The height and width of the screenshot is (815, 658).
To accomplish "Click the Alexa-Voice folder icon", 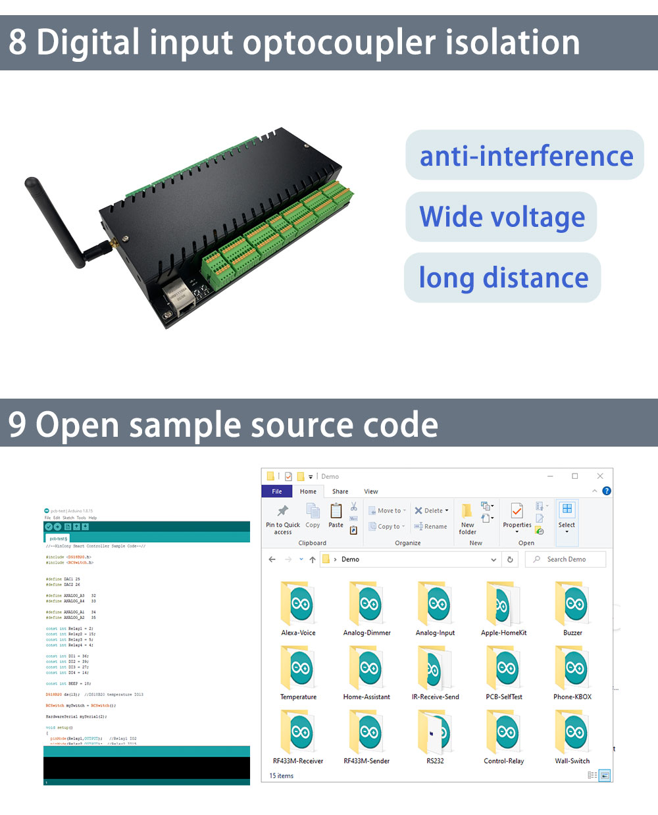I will click(298, 604).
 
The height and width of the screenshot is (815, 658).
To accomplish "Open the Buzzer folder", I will click(572, 604).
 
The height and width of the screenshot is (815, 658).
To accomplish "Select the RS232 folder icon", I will click(435, 732).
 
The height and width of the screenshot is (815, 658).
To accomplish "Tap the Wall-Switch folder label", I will click(572, 761).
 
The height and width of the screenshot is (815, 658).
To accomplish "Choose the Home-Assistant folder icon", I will click(367, 668).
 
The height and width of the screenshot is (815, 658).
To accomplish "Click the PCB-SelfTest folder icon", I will click(504, 668).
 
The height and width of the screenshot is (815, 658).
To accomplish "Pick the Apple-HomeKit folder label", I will click(504, 633).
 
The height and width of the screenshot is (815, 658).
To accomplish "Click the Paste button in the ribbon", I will click(336, 516).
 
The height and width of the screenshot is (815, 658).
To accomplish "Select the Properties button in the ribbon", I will click(517, 516).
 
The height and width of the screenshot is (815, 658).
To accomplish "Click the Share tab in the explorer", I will click(340, 491).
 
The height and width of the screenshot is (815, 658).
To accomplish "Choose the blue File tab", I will click(277, 491).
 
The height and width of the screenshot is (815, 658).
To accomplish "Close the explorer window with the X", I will click(600, 476).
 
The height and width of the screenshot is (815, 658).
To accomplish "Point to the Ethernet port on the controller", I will click(176, 295).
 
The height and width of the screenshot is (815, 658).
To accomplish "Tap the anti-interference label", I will click(526, 156).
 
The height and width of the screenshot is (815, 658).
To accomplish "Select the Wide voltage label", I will click(502, 217).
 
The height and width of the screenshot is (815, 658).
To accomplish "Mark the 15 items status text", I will click(282, 776).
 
